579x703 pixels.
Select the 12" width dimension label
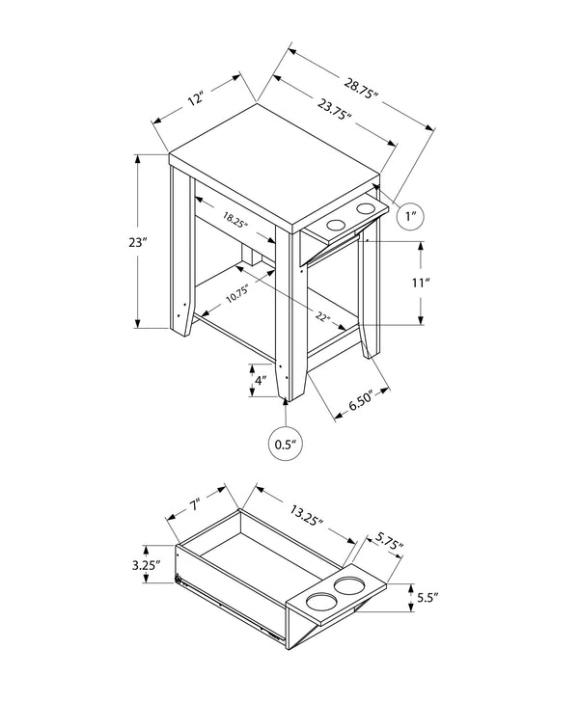(x=196, y=99)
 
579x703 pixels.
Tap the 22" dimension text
(x=320, y=317)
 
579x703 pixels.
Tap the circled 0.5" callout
(x=285, y=445)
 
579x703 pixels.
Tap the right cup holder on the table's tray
(x=366, y=208)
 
